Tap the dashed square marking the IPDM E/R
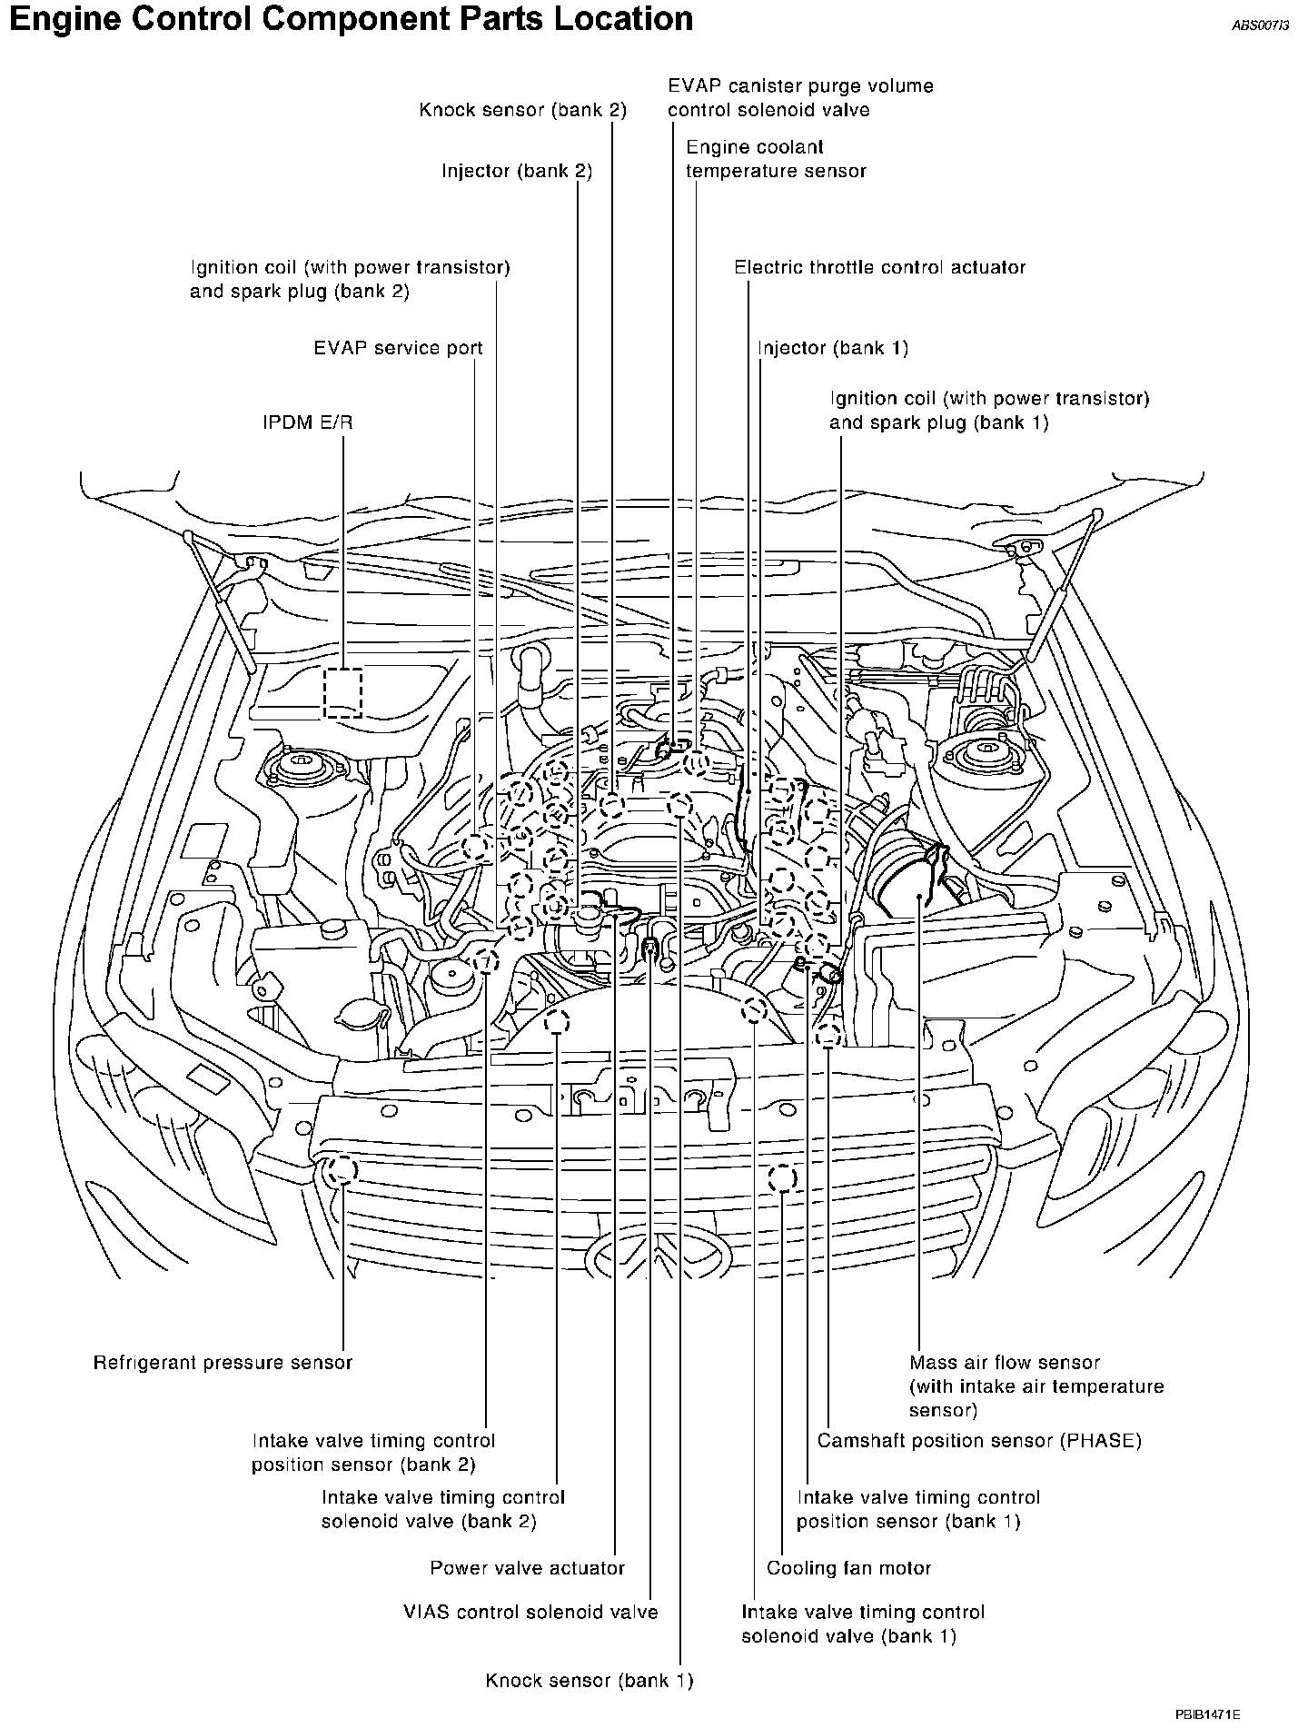pos(343,693)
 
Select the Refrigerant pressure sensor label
pos(223,1363)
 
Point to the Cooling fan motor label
pos(848,1568)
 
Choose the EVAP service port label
pos(398,348)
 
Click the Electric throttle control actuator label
pos(879,268)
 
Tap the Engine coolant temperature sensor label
pos(776,159)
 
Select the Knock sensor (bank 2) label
pos(522,110)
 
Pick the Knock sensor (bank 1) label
pos(590,1681)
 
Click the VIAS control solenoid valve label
pos(530,1613)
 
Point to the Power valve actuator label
pos(527,1568)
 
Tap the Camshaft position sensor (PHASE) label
pos(979,1441)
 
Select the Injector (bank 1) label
pos(833,348)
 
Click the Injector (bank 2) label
pos(517,171)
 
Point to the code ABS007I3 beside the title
pos(1260,26)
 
